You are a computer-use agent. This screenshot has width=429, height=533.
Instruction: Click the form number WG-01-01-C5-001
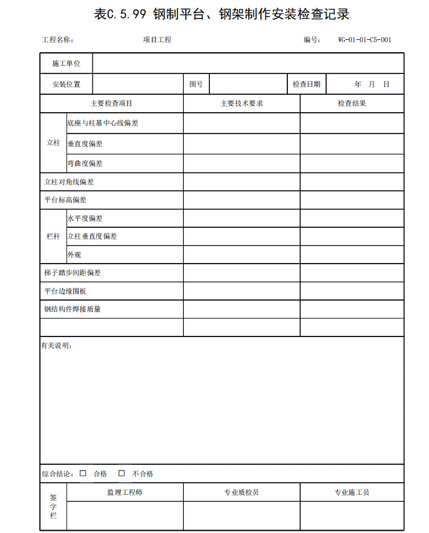click(x=365, y=40)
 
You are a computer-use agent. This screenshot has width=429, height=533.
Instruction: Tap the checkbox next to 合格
click(x=83, y=473)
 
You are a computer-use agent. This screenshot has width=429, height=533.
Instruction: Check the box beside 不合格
click(x=121, y=473)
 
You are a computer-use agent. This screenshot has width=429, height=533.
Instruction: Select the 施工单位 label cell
click(x=66, y=64)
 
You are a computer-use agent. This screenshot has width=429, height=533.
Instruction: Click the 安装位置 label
click(x=66, y=84)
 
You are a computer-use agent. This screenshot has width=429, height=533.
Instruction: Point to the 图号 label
click(x=196, y=84)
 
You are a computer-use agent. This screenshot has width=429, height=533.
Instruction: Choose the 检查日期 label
click(x=306, y=84)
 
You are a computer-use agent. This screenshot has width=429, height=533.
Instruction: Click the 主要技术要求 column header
click(x=242, y=103)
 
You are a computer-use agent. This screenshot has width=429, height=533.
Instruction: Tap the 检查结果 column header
click(x=352, y=103)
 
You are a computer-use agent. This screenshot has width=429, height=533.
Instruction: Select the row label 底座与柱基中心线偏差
click(x=103, y=123)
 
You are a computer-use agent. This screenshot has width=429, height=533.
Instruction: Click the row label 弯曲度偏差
click(x=85, y=164)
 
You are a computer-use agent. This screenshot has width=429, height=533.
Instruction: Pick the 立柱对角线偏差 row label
click(x=69, y=182)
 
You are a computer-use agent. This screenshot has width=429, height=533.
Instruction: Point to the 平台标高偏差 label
click(x=65, y=200)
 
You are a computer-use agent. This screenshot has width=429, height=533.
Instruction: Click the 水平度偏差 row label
click(x=85, y=219)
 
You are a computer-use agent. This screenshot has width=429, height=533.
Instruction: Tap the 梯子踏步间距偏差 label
click(x=73, y=273)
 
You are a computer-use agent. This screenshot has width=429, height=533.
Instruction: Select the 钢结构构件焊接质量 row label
click(x=73, y=309)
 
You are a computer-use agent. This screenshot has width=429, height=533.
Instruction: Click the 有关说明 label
click(x=56, y=346)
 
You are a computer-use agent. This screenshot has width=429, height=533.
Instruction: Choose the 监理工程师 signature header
click(x=125, y=493)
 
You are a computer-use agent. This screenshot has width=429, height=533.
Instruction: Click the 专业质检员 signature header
click(x=242, y=493)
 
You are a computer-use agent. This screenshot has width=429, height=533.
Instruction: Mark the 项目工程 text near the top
click(x=157, y=40)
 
